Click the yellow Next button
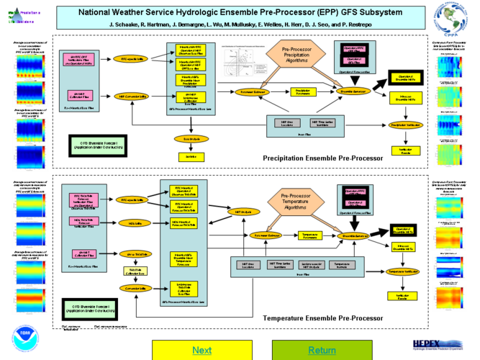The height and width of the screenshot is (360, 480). [201, 350]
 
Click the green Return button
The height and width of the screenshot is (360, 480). [322, 350]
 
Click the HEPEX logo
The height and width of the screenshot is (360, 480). [437, 345]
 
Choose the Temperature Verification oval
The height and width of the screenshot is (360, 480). [403, 271]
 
